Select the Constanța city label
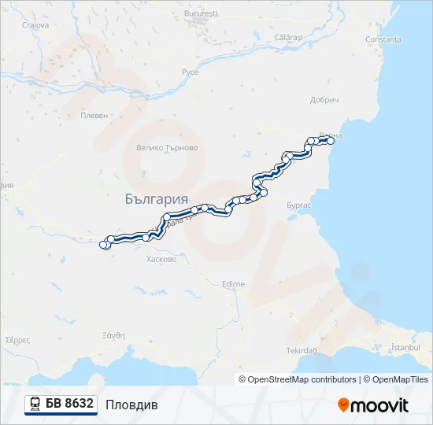383,39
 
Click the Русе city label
190,72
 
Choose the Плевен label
94,115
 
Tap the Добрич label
324,101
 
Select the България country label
157,199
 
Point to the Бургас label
299,205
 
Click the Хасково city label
161,259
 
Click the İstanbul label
407,347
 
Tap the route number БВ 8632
69,404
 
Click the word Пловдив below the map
131,405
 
